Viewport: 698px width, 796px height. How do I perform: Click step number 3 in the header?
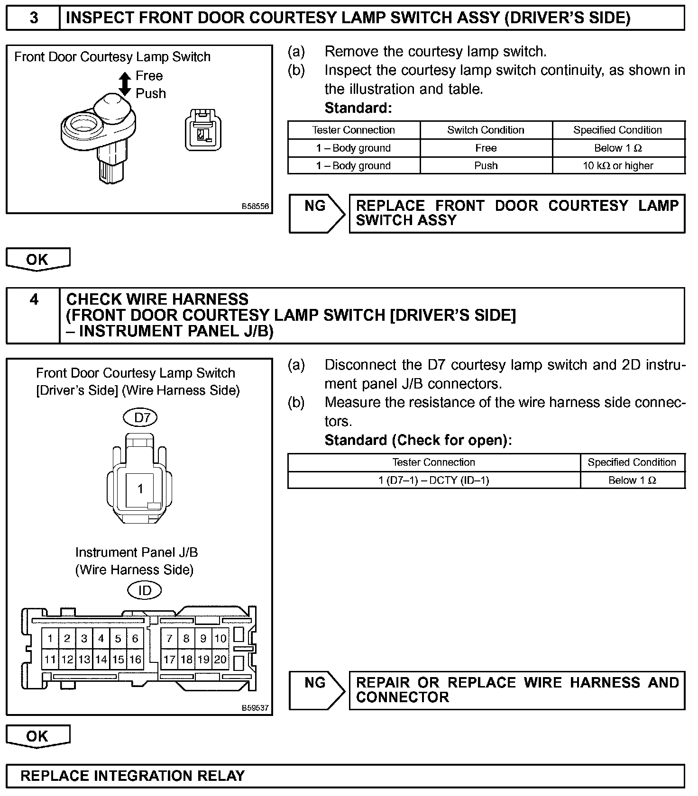(34, 18)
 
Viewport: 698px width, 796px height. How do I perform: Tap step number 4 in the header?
(34, 300)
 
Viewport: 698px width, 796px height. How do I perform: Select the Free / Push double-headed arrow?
(125, 84)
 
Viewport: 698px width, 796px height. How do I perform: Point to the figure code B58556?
(255, 207)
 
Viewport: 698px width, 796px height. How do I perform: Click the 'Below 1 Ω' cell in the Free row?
(618, 148)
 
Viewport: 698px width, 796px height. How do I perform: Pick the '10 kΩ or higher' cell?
(618, 166)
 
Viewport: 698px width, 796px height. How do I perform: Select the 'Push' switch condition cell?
(486, 166)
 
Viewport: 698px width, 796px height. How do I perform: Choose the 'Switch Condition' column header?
(486, 130)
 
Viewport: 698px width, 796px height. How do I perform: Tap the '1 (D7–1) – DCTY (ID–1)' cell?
(433, 480)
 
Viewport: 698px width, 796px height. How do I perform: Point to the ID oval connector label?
(145, 590)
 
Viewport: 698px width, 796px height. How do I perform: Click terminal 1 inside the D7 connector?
(140, 488)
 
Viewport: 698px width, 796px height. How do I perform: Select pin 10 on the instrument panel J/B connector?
(220, 638)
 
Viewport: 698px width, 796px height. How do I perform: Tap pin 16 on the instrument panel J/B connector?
(135, 659)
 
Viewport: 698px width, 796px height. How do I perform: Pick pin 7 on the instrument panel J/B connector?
(170, 638)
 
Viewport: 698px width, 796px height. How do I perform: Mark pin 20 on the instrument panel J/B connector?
(220, 659)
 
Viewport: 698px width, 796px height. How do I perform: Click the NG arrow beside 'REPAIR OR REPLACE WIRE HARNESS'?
(316, 689)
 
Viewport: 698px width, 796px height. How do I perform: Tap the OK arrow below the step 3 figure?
(37, 260)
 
